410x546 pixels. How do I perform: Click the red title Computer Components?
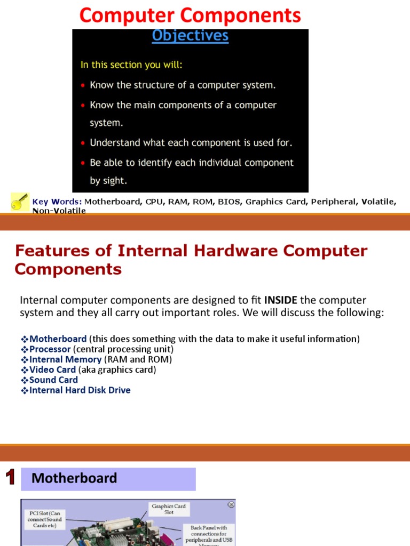pyautogui.click(x=190, y=15)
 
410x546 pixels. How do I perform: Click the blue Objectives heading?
pyautogui.click(x=190, y=36)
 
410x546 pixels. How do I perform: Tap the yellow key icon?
pyautogui.click(x=20, y=202)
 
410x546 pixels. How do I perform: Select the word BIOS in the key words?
pyautogui.click(x=229, y=202)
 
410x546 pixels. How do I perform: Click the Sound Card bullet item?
pyautogui.click(x=53, y=380)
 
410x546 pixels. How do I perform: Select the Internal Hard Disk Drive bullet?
pyautogui.click(x=80, y=390)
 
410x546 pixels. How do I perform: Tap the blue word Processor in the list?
pyautogui.click(x=50, y=349)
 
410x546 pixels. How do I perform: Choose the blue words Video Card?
pyautogui.click(x=52, y=370)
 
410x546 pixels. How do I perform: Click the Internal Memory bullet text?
pyautogui.click(x=65, y=359)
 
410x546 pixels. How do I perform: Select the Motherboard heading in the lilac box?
pyautogui.click(x=74, y=478)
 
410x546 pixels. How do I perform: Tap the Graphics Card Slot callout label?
pyautogui.click(x=169, y=509)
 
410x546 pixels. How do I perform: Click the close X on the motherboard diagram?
pyautogui.click(x=231, y=504)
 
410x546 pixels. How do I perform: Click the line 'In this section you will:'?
pyautogui.click(x=131, y=65)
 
